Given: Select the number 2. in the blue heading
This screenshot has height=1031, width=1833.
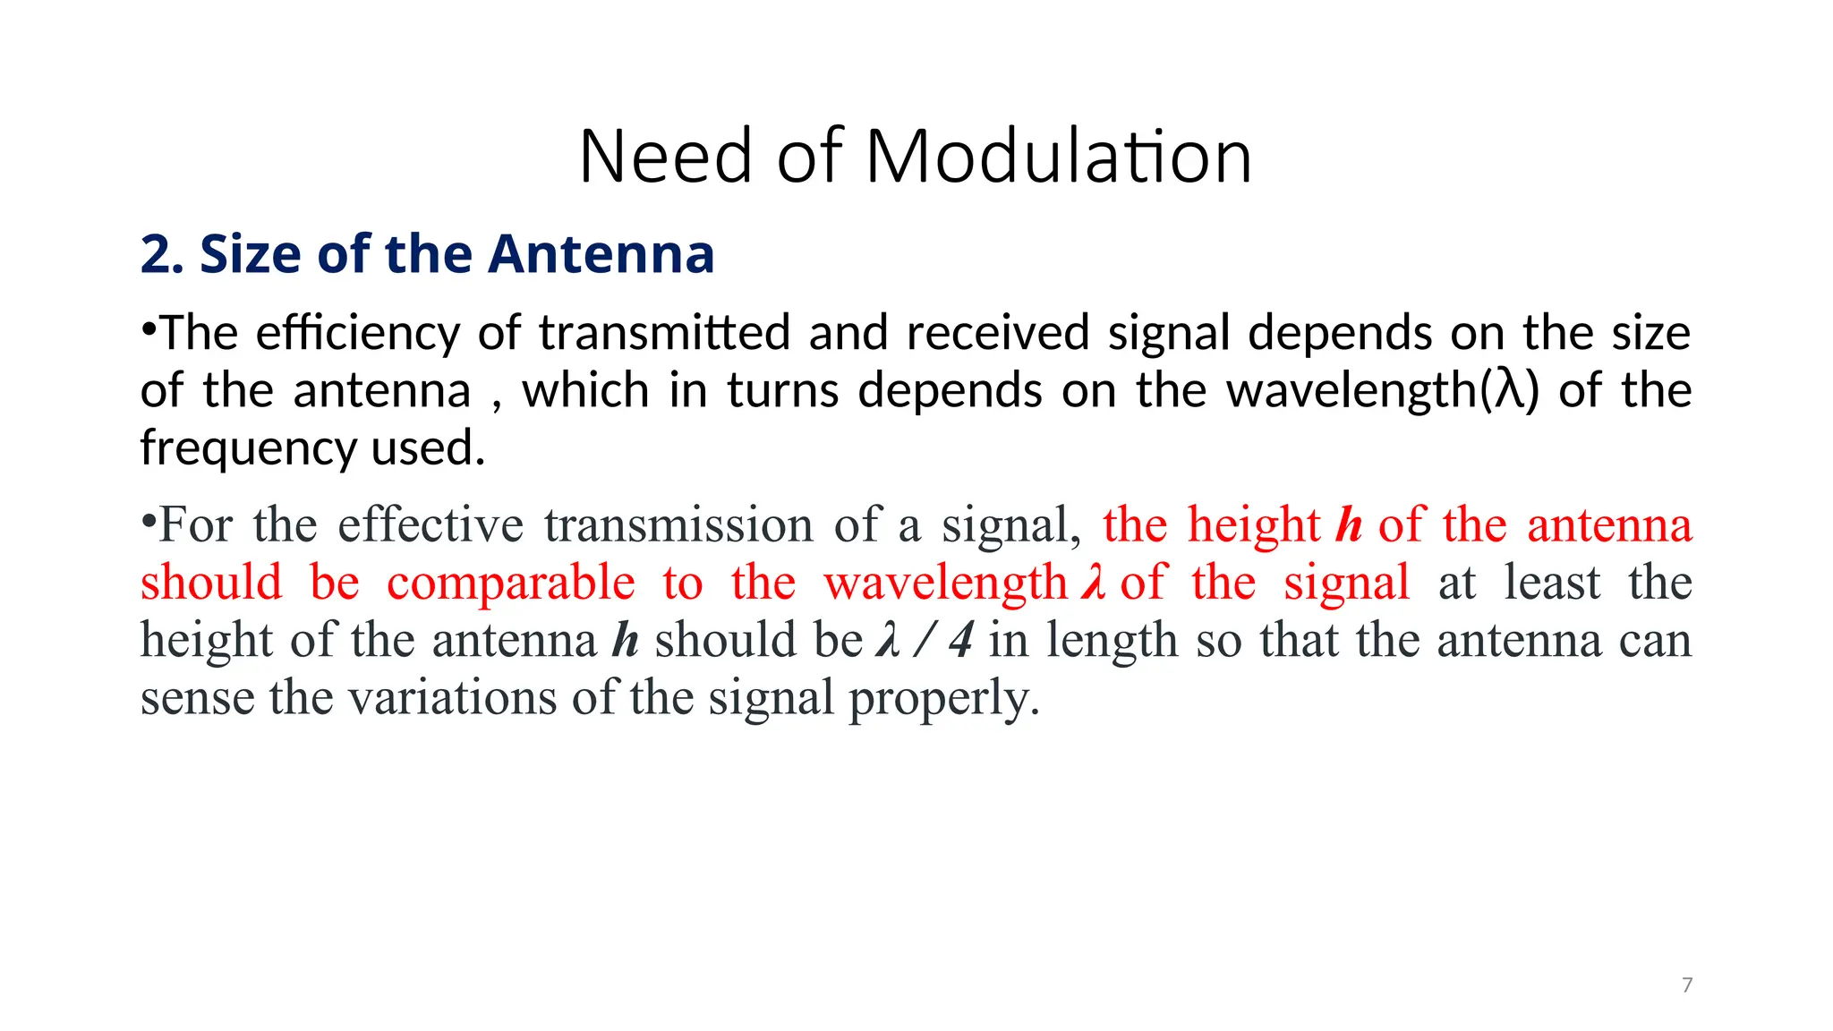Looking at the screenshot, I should (x=162, y=254).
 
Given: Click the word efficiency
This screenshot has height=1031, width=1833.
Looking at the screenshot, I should (x=357, y=334).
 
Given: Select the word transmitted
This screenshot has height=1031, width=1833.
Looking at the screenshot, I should (x=664, y=333).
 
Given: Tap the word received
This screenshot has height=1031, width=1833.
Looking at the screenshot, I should (x=997, y=333).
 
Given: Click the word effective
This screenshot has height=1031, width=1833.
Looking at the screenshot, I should (x=430, y=524).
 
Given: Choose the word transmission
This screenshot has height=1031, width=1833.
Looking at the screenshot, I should (x=678, y=524).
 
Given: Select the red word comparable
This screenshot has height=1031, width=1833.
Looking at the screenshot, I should (x=510, y=584).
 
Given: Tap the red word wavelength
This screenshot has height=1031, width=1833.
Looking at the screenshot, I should (x=945, y=584).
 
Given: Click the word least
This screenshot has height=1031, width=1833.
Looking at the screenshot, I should (x=1552, y=583).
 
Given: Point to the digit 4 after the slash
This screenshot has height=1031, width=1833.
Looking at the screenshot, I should (x=961, y=641).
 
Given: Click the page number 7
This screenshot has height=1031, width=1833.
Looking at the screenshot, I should (x=1687, y=985).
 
